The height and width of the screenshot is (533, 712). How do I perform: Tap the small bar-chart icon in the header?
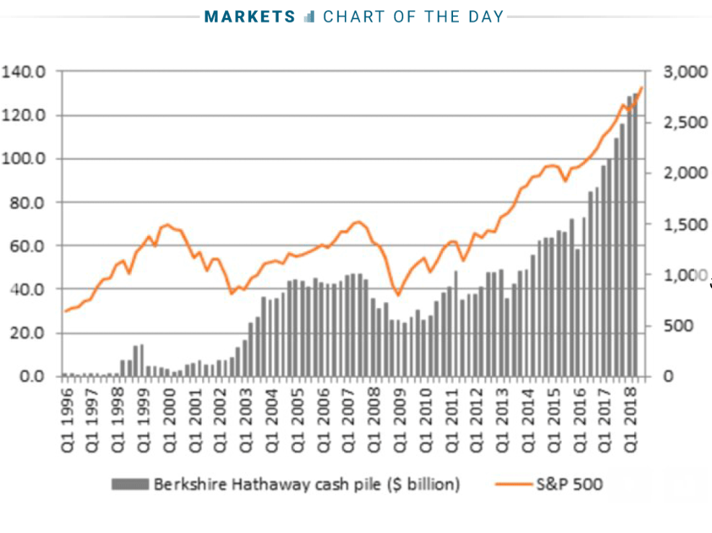click(x=309, y=17)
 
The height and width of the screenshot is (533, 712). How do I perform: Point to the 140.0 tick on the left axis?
click(x=25, y=72)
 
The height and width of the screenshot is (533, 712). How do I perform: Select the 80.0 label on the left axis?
click(x=28, y=203)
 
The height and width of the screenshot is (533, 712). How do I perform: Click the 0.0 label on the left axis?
click(x=32, y=376)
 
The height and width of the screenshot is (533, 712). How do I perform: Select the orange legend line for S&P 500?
click(x=514, y=484)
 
